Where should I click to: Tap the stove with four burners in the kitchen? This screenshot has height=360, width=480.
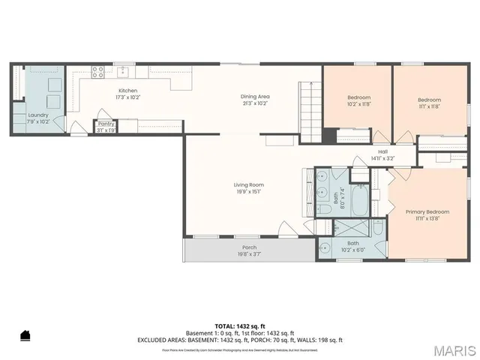97,72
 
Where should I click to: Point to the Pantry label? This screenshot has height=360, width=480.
106,124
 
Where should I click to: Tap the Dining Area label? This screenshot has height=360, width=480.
255,97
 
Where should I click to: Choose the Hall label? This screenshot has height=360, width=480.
382,152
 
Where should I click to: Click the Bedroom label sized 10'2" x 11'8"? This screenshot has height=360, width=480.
358,100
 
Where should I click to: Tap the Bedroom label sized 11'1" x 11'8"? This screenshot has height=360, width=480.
429,100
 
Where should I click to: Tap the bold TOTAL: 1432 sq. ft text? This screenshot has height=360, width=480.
239,325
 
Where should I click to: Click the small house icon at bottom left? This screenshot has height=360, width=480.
25,334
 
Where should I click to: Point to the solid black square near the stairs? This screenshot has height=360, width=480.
329,135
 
